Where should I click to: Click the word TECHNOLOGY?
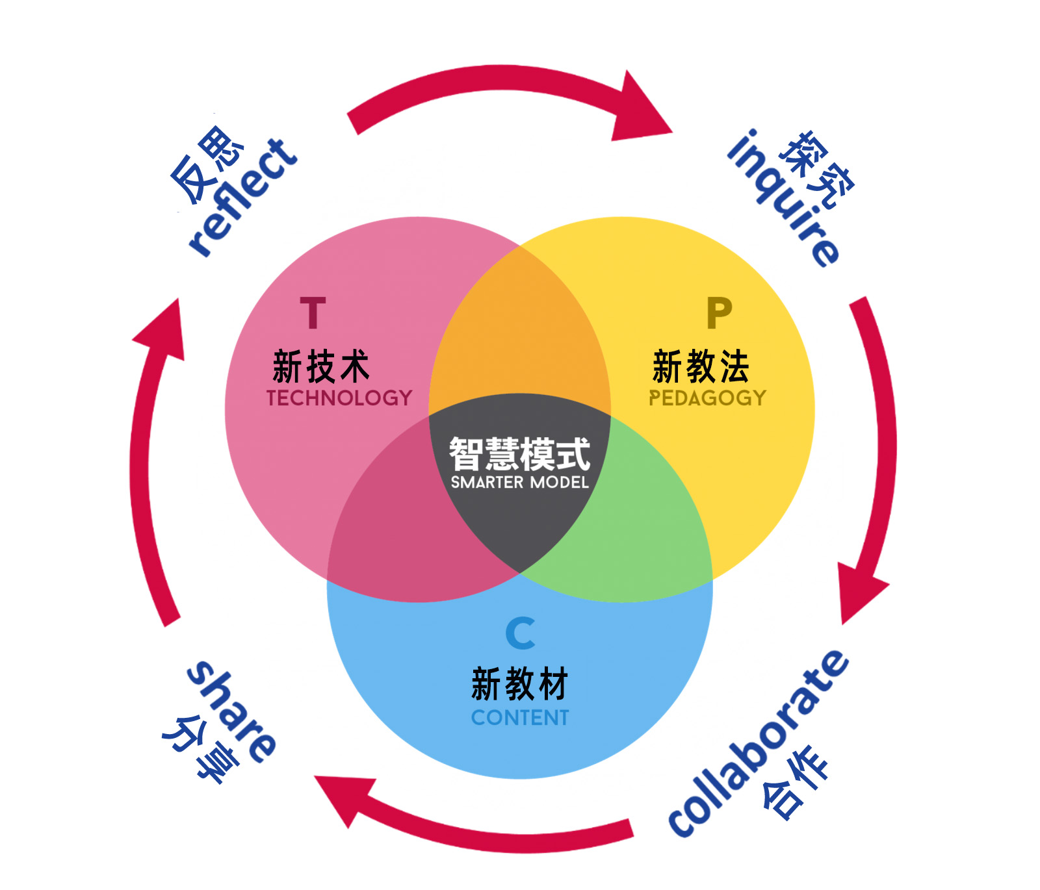coord(339,398)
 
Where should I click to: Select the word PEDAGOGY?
coord(707,398)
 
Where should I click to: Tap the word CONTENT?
coord(520,717)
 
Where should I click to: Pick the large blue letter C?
coord(521,633)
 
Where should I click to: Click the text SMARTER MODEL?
coord(520,482)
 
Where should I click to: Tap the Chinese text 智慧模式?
coord(520,453)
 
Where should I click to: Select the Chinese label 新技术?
coord(321,366)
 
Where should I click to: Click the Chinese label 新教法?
coord(701,366)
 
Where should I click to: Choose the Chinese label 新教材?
coord(520,683)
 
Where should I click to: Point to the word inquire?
coord(784,198)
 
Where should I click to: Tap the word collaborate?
coord(758,743)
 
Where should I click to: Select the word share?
coord(231,711)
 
